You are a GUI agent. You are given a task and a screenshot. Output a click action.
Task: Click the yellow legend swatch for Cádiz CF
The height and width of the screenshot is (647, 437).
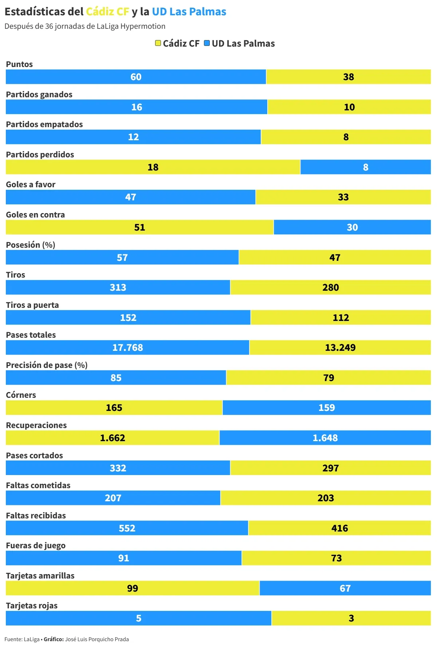point(158,43)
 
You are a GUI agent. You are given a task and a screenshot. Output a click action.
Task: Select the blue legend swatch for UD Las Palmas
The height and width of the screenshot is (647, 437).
point(207,43)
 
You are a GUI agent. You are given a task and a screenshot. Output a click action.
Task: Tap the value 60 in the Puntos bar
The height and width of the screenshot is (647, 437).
point(136,77)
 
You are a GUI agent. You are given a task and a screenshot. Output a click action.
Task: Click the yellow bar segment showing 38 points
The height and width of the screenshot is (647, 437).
point(349,77)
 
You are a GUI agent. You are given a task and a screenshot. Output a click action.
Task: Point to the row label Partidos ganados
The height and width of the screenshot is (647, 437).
point(39,94)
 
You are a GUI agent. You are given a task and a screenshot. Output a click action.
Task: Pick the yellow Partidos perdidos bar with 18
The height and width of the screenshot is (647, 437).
point(153,167)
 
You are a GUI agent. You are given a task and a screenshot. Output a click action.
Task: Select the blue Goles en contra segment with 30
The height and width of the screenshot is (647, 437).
point(352,227)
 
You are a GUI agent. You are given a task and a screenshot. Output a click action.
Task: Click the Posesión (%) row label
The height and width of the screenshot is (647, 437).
point(30,245)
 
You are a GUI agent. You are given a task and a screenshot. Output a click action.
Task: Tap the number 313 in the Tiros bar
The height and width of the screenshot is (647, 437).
point(118,287)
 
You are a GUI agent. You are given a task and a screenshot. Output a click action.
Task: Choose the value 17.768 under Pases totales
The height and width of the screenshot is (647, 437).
point(127,348)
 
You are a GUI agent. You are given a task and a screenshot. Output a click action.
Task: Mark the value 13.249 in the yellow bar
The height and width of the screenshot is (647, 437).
point(340,348)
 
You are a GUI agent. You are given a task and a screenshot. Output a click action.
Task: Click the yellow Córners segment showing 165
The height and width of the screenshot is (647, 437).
point(114,408)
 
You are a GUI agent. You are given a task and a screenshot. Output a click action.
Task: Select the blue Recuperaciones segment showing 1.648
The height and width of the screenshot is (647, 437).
point(325,438)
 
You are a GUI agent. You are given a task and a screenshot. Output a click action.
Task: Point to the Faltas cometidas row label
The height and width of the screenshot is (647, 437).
point(38,485)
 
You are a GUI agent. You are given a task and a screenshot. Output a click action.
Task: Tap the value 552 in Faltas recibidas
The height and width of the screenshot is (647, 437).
point(127,528)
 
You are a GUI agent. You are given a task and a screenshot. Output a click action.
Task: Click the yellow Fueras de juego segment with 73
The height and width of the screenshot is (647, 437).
point(336,558)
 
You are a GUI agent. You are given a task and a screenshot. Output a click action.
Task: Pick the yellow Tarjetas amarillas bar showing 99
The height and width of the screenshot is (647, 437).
point(133,588)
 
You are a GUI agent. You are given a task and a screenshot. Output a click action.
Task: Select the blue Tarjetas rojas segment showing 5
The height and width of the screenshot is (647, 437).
point(138,618)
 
